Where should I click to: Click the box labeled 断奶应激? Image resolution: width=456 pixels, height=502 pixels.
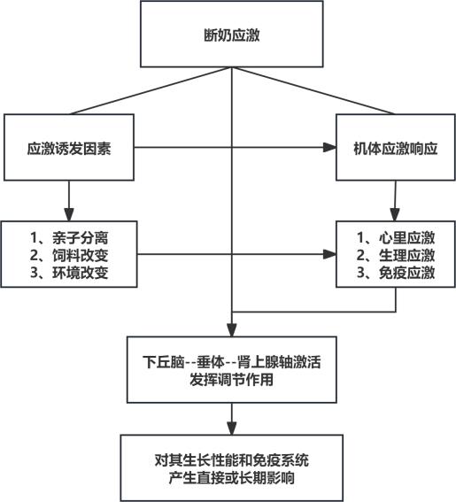[231, 34]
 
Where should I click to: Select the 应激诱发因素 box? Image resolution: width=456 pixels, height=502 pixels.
[69, 147]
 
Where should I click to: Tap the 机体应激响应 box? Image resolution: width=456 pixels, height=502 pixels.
[396, 147]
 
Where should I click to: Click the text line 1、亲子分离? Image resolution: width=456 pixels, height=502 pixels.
[69, 237]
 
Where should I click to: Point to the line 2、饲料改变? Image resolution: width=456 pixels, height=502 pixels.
[69, 255]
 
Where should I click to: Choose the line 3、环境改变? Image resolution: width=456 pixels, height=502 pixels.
[69, 273]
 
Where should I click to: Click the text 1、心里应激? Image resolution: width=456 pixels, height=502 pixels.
[396, 237]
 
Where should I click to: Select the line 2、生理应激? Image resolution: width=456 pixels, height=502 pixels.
[396, 255]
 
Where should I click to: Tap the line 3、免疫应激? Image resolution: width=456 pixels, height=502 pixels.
[396, 273]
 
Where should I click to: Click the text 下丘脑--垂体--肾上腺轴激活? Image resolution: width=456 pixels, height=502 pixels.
[231, 362]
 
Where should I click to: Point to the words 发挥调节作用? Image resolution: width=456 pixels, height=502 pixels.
[231, 380]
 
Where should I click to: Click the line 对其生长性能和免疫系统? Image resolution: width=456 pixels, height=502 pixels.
[231, 460]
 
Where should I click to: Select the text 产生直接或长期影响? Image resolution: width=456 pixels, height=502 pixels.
[231, 478]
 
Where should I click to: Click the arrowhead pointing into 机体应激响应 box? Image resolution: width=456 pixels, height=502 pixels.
[329, 147]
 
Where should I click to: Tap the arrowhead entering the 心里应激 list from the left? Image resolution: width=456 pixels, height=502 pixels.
[329, 254]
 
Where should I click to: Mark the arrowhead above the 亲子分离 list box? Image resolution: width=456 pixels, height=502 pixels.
[69, 214]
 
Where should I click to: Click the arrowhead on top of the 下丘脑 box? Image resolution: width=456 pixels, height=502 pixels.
[231, 330]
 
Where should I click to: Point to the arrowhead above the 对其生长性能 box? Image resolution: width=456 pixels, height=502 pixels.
[231, 429]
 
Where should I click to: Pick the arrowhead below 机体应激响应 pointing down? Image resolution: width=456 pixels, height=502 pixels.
[395, 214]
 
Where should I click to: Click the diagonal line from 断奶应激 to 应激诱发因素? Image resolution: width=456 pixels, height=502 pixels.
[151, 90]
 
